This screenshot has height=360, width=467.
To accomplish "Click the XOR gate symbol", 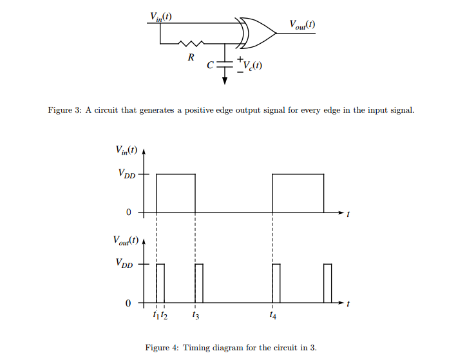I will pyautogui.click(x=258, y=33).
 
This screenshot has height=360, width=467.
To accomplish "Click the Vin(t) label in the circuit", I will pyautogui.click(x=160, y=16).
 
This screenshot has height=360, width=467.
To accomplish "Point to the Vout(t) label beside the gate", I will pyautogui.click(x=302, y=25).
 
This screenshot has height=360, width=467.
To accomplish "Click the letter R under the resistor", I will pyautogui.click(x=191, y=58).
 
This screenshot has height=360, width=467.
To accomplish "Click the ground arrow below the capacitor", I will pyautogui.click(x=225, y=79).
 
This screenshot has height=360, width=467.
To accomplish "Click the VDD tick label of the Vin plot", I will pyautogui.click(x=126, y=175).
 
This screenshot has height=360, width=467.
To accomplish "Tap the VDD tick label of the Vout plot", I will pyautogui.click(x=126, y=263).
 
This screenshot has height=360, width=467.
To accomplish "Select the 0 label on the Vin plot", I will pyautogui.click(x=129, y=213).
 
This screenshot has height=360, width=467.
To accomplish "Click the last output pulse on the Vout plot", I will pyautogui.click(x=328, y=283).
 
